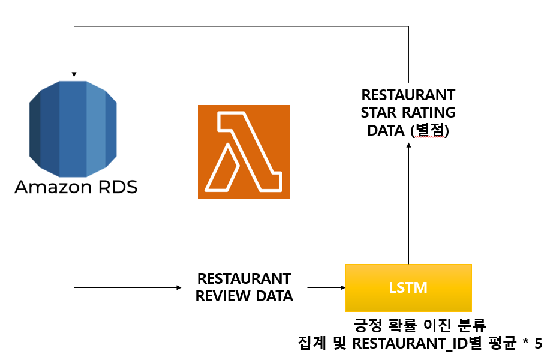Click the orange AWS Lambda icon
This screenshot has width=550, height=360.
pyautogui.click(x=244, y=152)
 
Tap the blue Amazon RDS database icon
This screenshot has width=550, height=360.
pyautogui.click(x=74, y=125)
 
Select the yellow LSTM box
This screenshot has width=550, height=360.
pyautogui.click(x=408, y=287)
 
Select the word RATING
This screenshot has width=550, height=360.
pyautogui.click(x=428, y=112)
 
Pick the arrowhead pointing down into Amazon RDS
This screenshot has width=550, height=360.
pyautogui.click(x=74, y=71)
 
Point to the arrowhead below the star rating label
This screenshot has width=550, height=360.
pyautogui.click(x=409, y=148)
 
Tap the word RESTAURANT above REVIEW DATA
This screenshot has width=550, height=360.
pyautogui.click(x=244, y=279)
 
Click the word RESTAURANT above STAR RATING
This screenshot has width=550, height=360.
pyautogui.click(x=408, y=95)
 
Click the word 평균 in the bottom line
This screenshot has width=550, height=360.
pyautogui.click(x=502, y=344)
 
